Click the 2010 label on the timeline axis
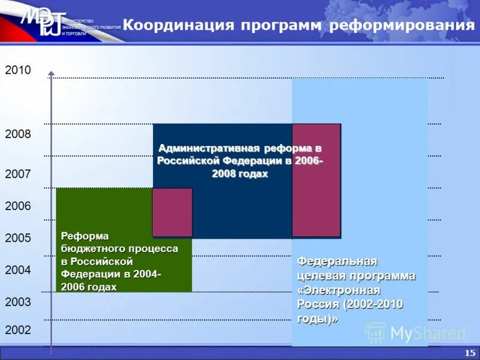coord(17,70)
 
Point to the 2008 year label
coord(17,134)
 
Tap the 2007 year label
coord(17,175)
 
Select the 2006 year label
coord(17,206)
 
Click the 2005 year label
coord(17,238)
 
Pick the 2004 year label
coord(17,270)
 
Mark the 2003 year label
coord(17,302)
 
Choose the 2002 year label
coord(17,330)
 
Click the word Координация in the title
coord(178,25)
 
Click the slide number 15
coord(470,352)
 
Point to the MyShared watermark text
coord(427,333)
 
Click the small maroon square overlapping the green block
coord(172,212)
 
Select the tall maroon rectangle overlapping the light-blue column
coord(316,180)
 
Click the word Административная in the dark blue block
coord(209,148)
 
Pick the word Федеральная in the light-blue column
coord(337,262)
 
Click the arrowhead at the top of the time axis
coord(52,74)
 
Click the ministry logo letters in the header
coord(42,23)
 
